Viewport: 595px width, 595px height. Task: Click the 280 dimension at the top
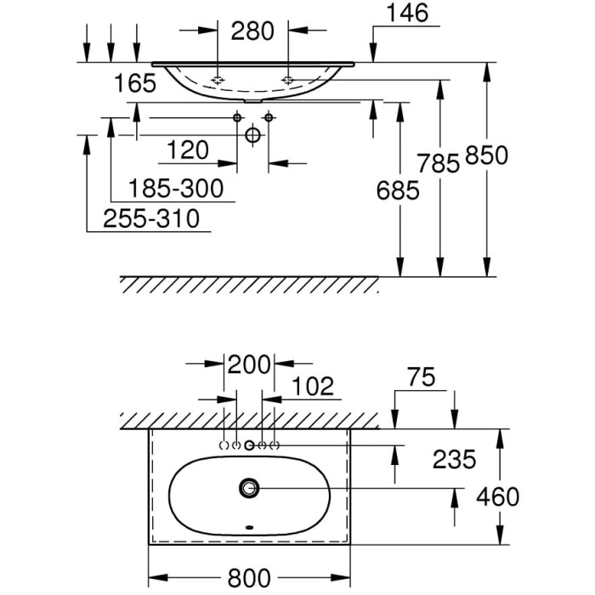pos(252,31)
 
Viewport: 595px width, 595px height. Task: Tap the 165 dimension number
pos(136,83)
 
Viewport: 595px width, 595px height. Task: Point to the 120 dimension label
pos(187,150)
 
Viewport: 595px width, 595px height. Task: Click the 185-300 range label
pos(176,188)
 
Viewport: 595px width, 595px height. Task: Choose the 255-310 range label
pos(151,219)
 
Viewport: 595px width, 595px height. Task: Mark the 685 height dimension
pos(398,190)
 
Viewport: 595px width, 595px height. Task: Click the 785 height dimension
pos(439,164)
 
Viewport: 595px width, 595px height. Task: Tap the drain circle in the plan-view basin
pos(249,488)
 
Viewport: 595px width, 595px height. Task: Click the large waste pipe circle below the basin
pos(252,135)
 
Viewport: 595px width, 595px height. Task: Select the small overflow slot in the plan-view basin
pos(248,528)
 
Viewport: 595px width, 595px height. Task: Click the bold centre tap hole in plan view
pos(250,445)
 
